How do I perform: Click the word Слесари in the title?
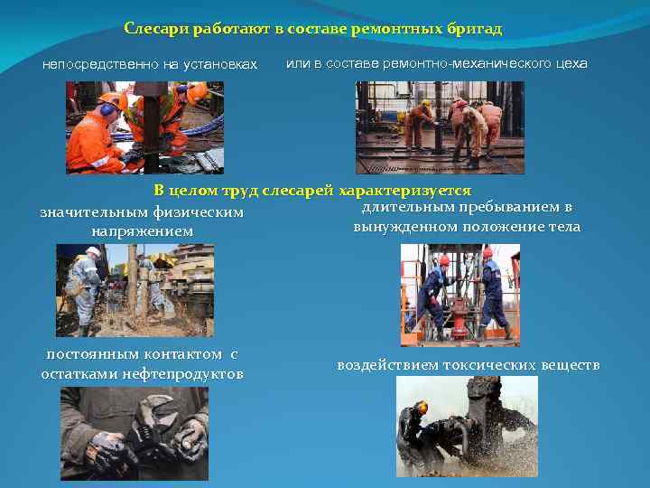tap(152, 29)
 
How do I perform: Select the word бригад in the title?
tap(474, 29)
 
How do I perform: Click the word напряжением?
tap(142, 232)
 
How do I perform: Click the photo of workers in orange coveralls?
tap(144, 127)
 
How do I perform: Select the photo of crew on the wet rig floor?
tap(440, 127)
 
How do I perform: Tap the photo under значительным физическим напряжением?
tap(135, 289)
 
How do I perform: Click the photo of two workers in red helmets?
tap(460, 295)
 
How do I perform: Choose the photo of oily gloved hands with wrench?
tap(134, 433)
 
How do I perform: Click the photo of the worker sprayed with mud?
tap(467, 426)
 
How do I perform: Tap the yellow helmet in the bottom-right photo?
tap(422, 408)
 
